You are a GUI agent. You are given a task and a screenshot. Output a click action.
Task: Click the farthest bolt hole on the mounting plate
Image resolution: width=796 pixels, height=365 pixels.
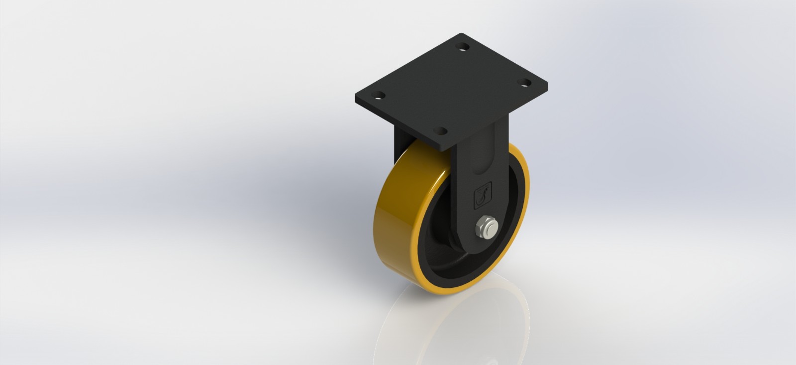pos(464,48)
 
